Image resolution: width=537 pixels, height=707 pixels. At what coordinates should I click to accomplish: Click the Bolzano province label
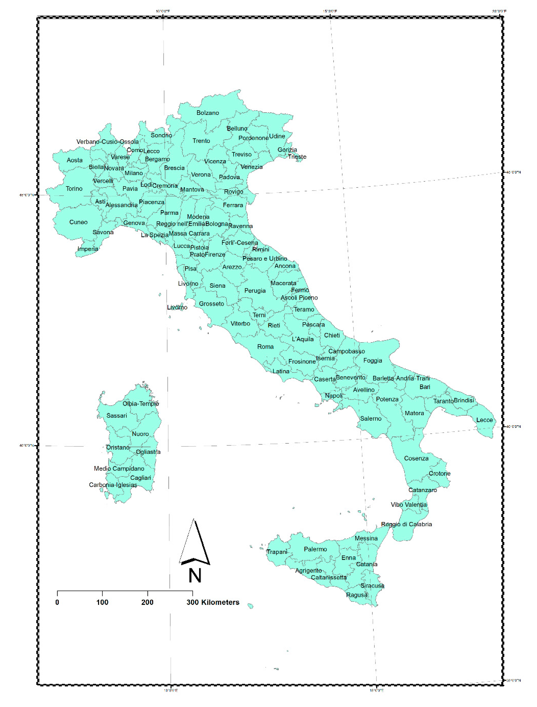[x=208, y=113]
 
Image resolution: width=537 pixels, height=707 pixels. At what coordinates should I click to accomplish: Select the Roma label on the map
[x=265, y=346]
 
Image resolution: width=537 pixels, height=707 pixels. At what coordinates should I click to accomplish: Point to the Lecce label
[x=484, y=420]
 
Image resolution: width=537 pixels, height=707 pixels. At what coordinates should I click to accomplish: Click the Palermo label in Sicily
[x=315, y=549]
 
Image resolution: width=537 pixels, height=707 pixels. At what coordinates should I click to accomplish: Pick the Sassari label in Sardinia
[x=117, y=415]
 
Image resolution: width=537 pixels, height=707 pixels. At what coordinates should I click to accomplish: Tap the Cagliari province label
[x=140, y=478]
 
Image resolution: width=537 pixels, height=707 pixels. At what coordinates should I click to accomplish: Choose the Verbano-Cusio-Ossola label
[x=108, y=142]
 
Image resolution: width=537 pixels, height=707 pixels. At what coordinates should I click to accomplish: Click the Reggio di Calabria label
[x=406, y=524]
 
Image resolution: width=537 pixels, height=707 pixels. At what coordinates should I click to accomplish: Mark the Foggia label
[x=373, y=361]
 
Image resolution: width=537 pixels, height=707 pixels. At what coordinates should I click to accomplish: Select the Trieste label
[x=297, y=157]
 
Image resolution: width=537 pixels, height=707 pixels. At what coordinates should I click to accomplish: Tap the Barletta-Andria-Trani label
[x=401, y=378]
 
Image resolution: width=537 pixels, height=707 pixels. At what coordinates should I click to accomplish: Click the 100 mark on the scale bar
[x=102, y=602]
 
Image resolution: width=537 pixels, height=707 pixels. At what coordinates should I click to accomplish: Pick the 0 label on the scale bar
[x=57, y=602]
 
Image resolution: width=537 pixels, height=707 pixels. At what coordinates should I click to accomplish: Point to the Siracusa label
[x=372, y=586]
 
